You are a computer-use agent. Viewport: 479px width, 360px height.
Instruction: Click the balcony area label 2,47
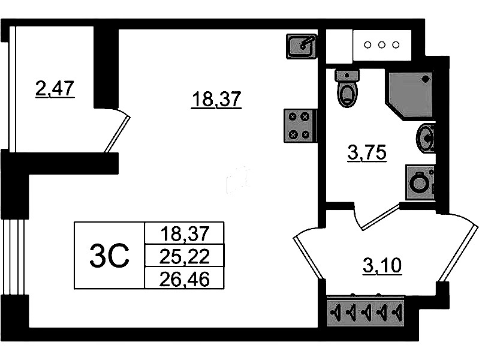[55, 89]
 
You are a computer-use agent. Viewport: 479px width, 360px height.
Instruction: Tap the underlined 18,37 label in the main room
[216, 99]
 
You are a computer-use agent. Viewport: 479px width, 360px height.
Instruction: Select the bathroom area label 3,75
[367, 154]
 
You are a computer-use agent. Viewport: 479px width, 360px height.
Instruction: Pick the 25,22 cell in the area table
[184, 257]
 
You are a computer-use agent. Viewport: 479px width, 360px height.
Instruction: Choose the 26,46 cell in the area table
[184, 278]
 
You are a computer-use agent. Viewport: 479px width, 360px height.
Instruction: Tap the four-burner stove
[299, 126]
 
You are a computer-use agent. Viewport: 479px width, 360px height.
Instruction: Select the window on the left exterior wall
[14, 258]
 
